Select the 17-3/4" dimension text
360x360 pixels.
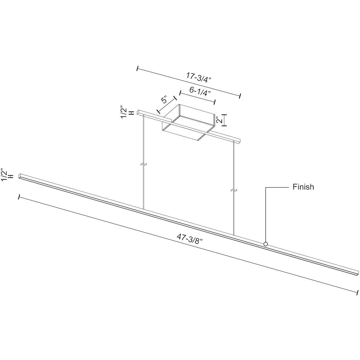point(198,77)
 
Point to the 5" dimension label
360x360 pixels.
point(165,100)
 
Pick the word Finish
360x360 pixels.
point(303,187)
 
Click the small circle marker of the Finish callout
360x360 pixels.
point(266,244)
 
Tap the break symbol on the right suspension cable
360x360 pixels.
point(234,190)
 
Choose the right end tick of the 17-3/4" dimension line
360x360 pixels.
point(240,96)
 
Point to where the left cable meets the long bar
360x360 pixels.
point(144,209)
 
